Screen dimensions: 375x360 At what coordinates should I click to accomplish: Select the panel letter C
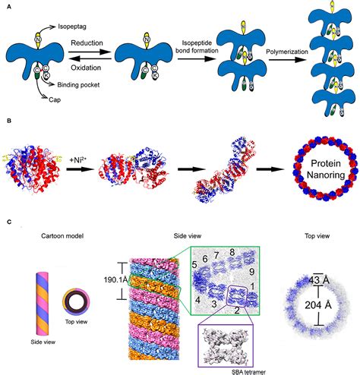(8, 221)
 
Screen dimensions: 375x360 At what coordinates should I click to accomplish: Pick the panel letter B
(8, 120)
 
